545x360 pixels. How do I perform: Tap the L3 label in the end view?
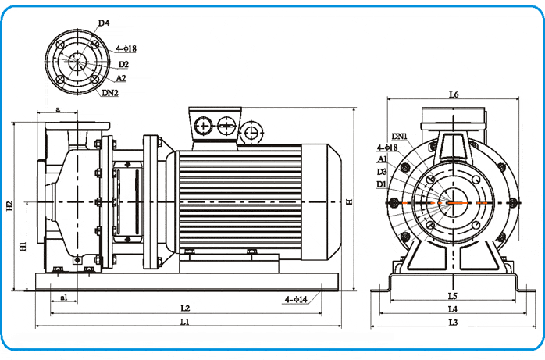(x=453, y=322)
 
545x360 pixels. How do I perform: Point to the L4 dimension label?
(x=453, y=309)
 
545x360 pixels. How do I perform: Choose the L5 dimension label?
(x=452, y=297)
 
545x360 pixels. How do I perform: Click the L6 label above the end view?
(x=454, y=94)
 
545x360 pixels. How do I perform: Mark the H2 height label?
(x=10, y=206)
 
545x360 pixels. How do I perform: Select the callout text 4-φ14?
(x=296, y=299)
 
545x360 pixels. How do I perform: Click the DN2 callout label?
(x=110, y=94)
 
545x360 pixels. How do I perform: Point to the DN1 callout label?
(x=399, y=137)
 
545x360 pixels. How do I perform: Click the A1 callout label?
(x=383, y=159)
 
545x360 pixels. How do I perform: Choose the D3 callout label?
(x=382, y=171)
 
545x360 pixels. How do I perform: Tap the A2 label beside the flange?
(x=122, y=79)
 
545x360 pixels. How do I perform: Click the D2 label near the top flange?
(x=123, y=64)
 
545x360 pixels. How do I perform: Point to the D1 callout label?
(x=381, y=184)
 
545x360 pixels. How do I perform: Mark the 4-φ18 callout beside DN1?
(x=388, y=148)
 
